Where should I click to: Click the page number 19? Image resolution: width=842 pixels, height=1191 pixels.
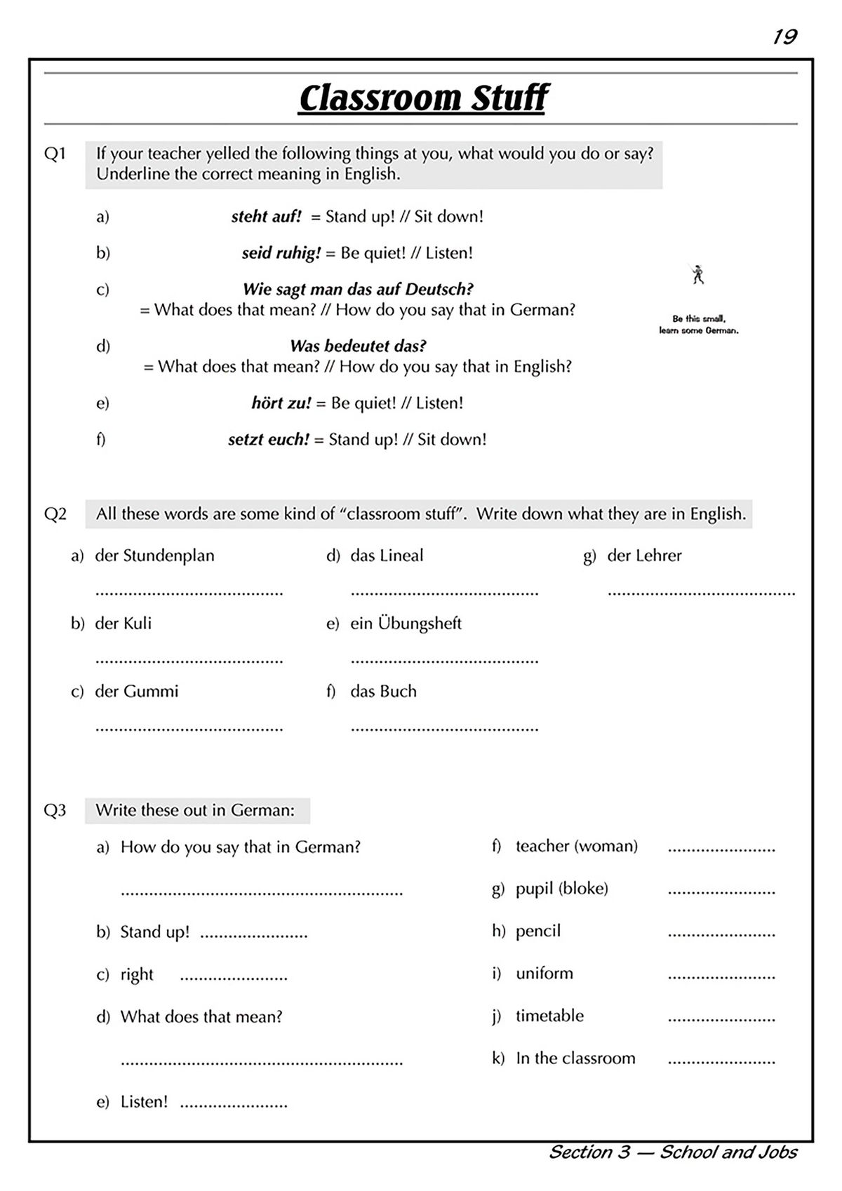pos(784,36)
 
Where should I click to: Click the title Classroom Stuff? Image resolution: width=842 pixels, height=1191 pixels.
pos(423,98)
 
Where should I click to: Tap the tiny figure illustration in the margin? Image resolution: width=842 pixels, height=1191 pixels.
pos(697,275)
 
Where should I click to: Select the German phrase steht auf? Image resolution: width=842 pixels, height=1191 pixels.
pos(266,217)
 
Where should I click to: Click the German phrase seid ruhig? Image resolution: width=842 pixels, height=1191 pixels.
pos(281,253)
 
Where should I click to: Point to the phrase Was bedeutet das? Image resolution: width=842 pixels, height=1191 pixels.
pos(358,346)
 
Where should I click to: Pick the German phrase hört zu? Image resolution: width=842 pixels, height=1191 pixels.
pos(281,403)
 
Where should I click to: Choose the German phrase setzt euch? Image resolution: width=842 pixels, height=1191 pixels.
pos(268,440)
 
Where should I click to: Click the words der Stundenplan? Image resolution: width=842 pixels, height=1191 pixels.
pos(154,556)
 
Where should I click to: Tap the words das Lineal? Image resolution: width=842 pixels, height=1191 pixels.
pos(387,556)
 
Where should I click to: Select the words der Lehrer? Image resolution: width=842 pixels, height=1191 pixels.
pos(644,556)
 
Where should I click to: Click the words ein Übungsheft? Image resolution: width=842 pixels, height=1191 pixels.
pos(406,624)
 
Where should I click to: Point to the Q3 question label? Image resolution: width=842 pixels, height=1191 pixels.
pos(55,811)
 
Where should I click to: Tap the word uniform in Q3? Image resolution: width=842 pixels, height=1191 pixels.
pos(544,974)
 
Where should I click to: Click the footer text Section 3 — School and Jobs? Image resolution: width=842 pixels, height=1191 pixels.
pos(672,1152)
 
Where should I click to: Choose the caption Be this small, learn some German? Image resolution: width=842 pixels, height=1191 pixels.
pos(698,325)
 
